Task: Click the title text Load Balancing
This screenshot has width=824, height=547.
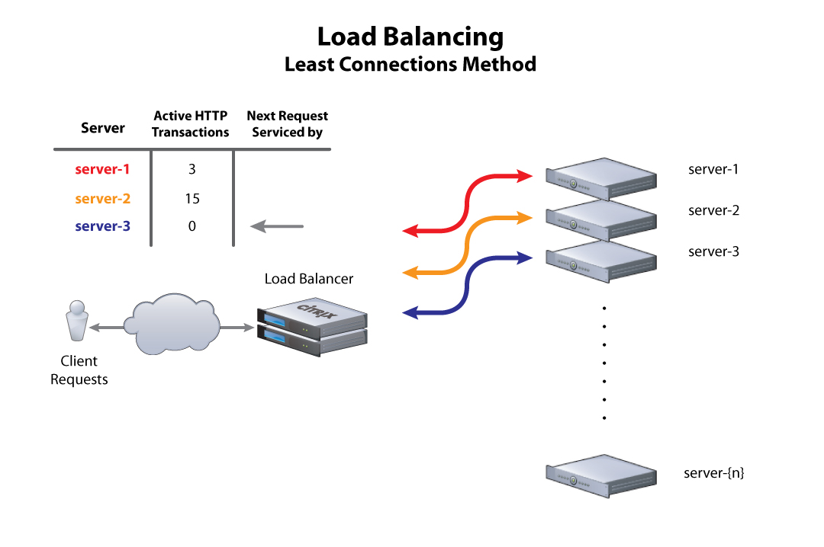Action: [x=410, y=37]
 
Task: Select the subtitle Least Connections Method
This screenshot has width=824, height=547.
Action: [x=410, y=64]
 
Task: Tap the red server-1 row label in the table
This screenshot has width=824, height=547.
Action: [x=102, y=170]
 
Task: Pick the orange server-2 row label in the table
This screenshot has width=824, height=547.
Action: [x=103, y=199]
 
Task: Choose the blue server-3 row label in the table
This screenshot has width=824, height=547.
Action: [x=103, y=226]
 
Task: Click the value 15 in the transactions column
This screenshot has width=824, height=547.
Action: [x=192, y=199]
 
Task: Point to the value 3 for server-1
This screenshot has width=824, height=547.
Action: [x=192, y=170]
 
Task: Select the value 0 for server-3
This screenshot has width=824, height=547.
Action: [x=192, y=226]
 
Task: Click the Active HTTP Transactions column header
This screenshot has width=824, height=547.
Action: [x=191, y=124]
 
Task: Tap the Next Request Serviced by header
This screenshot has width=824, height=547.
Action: [x=288, y=124]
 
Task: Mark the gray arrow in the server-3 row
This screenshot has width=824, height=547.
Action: [x=278, y=226]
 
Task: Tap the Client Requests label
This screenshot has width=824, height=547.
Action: [x=79, y=370]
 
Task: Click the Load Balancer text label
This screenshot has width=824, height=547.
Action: [x=309, y=279]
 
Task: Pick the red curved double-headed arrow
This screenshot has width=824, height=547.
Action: [x=467, y=203]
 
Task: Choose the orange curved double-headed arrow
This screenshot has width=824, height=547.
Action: [x=467, y=245]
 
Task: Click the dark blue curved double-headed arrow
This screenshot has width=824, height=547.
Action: [x=467, y=285]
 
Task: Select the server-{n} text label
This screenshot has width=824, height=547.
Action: [x=714, y=473]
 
